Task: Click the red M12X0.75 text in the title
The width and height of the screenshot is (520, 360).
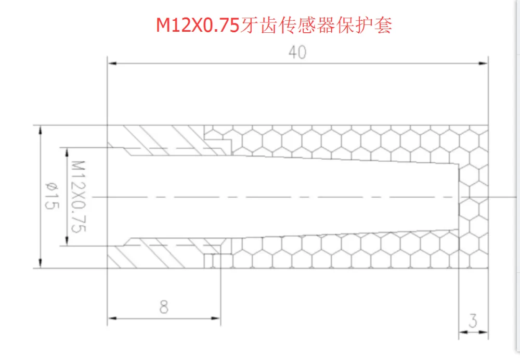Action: pos(198,25)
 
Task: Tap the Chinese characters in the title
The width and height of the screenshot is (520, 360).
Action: pos(316,25)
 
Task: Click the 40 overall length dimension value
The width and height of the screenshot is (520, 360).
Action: pos(297,52)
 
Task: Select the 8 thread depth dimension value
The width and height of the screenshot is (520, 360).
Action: pos(164,307)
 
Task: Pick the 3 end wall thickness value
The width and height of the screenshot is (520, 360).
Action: pos(473,320)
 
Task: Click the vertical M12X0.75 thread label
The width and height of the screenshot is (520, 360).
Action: pos(79,197)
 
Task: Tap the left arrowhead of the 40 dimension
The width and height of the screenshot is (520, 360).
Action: pos(112,63)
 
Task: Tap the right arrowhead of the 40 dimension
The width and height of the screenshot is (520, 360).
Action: pos(484,63)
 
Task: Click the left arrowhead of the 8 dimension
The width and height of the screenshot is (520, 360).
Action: pos(112,318)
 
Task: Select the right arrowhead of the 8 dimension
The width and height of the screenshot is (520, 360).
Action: pos(216,318)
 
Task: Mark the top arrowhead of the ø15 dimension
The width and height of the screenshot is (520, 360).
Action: pos(41,130)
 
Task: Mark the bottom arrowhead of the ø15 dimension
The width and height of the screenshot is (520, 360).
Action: pos(41,263)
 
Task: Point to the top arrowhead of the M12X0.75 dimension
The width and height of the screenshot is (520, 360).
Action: pos(67,152)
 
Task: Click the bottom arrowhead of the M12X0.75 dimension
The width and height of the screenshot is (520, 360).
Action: pos(67,241)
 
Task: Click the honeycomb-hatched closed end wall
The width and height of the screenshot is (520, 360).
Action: pos(473,197)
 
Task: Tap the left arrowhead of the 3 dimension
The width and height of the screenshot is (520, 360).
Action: pos(463,332)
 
